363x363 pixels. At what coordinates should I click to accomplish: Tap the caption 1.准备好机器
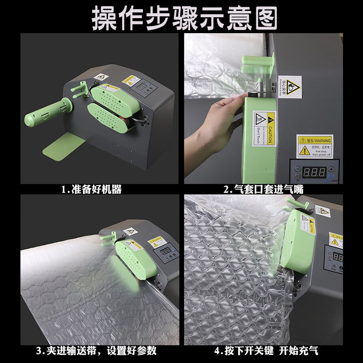pyautogui.click(x=92, y=189)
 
